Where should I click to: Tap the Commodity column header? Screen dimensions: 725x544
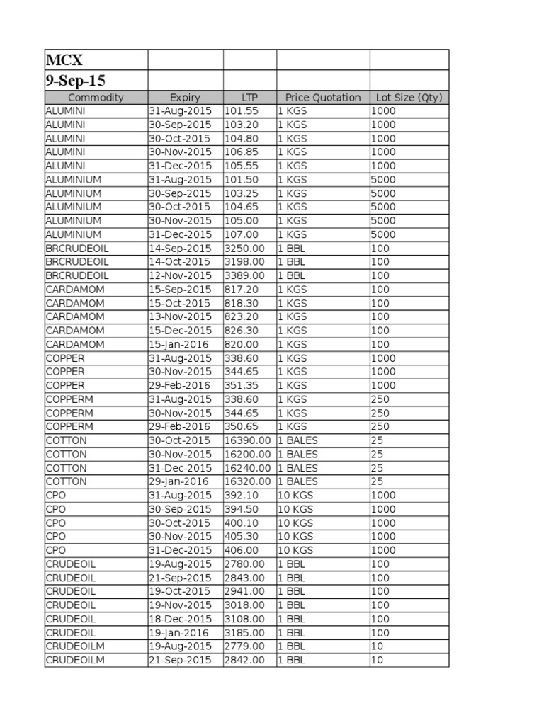tap(96, 98)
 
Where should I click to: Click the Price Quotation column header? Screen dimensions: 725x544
tap(322, 98)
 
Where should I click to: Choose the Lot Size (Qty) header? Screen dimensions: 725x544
tap(409, 98)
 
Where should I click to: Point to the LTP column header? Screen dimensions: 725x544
tap(249, 98)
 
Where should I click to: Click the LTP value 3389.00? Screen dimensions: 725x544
tap(244, 275)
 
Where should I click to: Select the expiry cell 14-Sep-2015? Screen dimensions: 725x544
tap(180, 249)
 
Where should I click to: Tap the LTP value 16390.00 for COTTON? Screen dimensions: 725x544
tap(247, 440)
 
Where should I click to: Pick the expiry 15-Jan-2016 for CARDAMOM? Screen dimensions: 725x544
tap(179, 344)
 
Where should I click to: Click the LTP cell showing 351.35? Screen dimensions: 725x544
tap(242, 385)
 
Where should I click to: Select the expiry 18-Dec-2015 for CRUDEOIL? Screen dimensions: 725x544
tap(180, 619)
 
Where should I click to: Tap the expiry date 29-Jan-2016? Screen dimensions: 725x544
tap(179, 481)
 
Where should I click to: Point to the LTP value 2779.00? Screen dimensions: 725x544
tap(244, 646)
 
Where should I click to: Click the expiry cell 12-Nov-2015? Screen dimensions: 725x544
tap(180, 275)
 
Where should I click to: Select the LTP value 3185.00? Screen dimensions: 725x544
tap(244, 632)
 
